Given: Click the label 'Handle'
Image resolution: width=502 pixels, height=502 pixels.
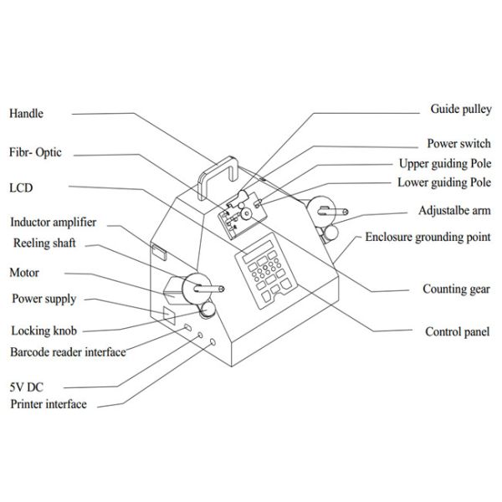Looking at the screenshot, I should click(26, 114).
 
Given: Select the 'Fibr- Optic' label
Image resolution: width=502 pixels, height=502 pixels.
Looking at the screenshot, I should click(35, 153).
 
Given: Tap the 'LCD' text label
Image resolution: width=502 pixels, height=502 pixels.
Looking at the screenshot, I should click(22, 188).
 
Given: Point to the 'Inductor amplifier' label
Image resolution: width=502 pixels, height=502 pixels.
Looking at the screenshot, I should click(54, 223).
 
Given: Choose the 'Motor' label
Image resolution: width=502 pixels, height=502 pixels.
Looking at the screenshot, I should click(24, 273).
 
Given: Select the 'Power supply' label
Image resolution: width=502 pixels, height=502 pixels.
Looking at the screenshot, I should click(44, 299).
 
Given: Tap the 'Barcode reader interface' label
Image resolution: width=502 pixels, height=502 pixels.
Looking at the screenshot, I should click(68, 352).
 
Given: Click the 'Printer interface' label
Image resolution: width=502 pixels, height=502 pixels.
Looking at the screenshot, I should click(49, 405).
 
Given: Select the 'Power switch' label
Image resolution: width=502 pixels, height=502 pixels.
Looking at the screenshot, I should click(458, 144).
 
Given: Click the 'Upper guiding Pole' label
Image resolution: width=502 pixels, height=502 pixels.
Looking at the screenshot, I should click(444, 163).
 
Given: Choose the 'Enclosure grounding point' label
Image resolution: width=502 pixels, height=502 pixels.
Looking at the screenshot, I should click(428, 238).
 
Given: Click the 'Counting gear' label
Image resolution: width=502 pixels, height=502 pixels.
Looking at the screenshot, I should click(456, 289).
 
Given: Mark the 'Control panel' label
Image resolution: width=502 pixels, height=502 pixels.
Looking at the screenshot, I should click(458, 331).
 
